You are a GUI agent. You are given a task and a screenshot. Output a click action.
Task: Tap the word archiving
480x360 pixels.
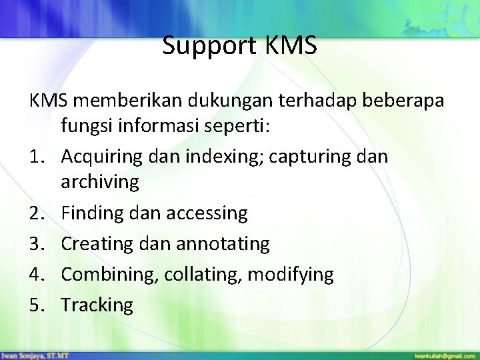[x=100, y=182]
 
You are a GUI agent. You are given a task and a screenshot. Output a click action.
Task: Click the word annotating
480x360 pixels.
[x=225, y=244]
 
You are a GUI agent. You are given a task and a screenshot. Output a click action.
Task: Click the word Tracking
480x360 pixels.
[x=97, y=305]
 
